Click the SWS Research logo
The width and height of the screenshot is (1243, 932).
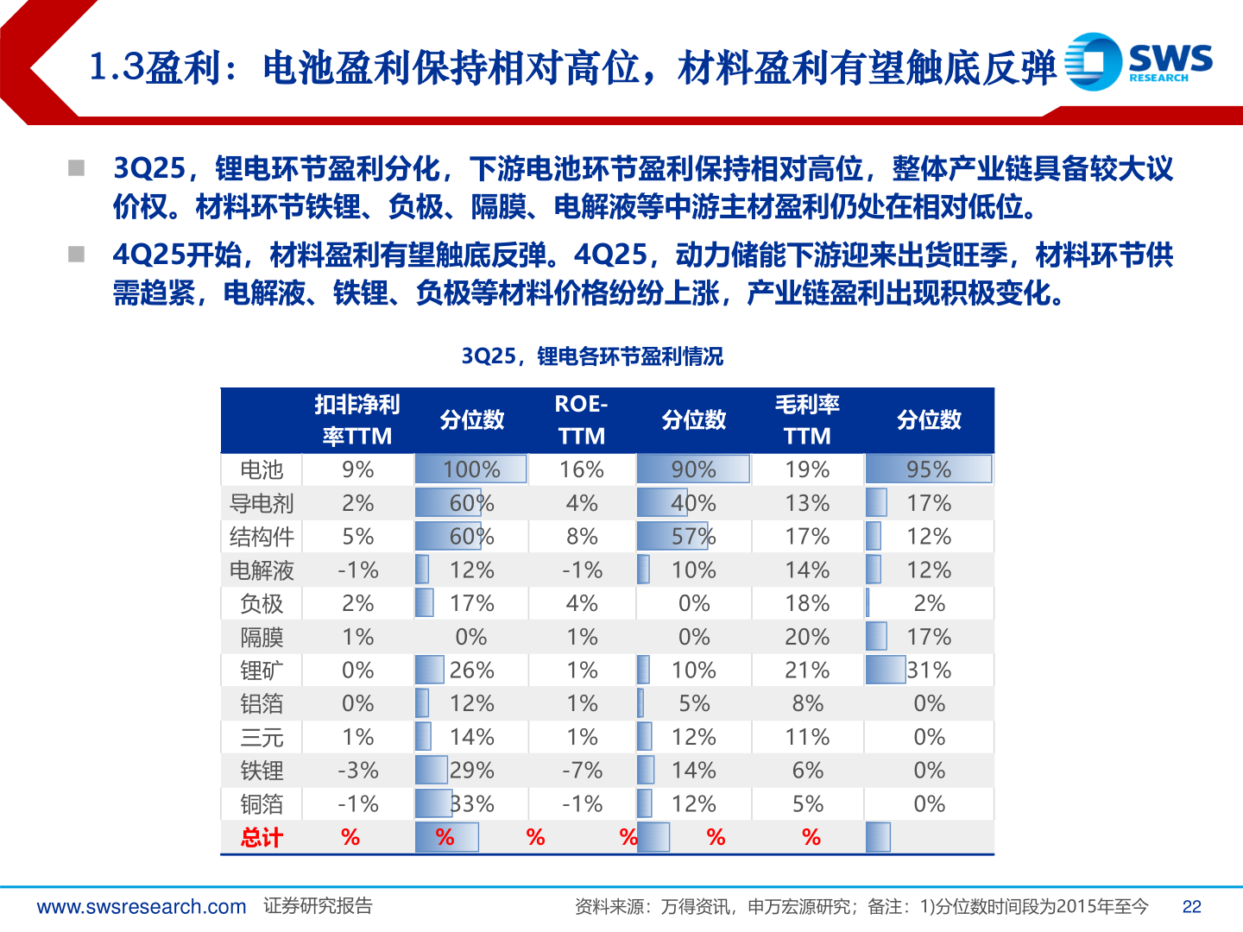[x=1138, y=61]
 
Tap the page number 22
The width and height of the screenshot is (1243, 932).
[x=1191, y=906]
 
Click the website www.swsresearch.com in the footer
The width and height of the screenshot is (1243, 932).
[x=142, y=906]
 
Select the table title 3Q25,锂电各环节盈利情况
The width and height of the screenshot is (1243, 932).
[x=592, y=356]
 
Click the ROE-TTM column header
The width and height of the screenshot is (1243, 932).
[x=581, y=420]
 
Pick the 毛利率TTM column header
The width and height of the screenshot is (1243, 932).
[x=807, y=420]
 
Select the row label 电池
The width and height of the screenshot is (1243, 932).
[x=262, y=469]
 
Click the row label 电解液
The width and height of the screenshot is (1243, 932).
[x=262, y=570]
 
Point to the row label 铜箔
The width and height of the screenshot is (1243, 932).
[x=262, y=804]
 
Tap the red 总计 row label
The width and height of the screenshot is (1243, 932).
[x=262, y=837]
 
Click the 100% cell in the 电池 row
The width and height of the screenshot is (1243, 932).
[x=471, y=469]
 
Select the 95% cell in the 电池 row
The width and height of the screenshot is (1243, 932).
[x=929, y=469]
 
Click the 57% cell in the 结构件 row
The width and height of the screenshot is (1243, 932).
[x=693, y=537]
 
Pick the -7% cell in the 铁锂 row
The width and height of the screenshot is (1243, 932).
[x=582, y=771]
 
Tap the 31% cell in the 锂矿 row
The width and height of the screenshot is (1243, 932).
[x=929, y=671]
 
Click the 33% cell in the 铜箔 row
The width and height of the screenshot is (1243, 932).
[x=471, y=804]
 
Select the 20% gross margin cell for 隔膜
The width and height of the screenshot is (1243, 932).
[x=807, y=637]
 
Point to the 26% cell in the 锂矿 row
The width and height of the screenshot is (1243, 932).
[x=471, y=671]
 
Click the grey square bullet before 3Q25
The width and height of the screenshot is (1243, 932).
[x=77, y=167]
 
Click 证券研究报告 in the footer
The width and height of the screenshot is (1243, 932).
[x=318, y=906]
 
